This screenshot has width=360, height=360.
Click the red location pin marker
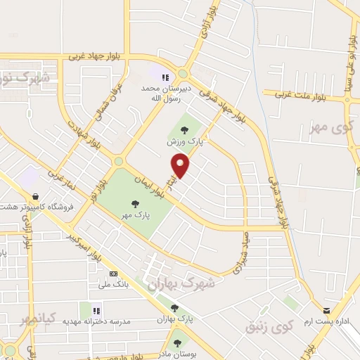(181, 167)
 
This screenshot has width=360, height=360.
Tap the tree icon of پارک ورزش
(184, 129)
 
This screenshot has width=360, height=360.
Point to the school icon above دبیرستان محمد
(165, 78)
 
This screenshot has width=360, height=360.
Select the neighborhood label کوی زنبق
(269, 327)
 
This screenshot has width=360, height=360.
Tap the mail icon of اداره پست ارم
(326, 310)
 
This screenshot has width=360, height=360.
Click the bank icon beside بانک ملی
(113, 273)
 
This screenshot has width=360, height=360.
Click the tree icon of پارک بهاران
(174, 308)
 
